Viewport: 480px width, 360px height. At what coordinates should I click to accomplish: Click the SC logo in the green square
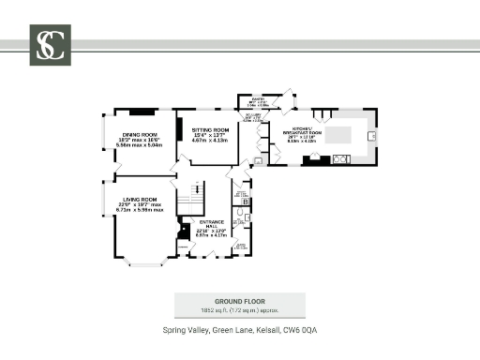50,45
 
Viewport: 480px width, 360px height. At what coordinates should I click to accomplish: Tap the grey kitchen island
344,134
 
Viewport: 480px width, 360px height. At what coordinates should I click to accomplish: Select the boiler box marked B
246,202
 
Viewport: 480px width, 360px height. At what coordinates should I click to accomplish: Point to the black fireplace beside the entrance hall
184,231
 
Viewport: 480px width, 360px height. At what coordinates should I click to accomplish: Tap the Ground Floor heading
239,299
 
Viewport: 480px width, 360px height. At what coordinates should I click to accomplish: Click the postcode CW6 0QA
303,330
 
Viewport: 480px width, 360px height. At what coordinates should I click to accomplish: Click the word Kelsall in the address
271,330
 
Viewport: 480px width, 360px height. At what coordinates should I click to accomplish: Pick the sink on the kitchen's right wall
372,135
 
